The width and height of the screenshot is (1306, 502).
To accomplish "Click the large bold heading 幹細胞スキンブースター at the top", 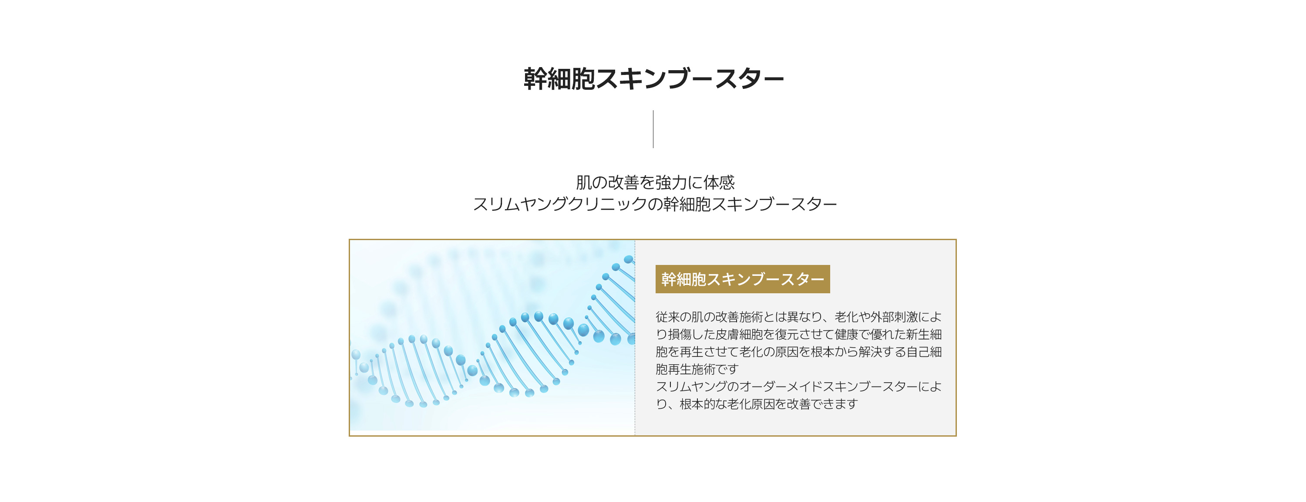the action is pyautogui.click(x=653, y=79).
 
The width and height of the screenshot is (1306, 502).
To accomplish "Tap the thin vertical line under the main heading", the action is pyautogui.click(x=653, y=129).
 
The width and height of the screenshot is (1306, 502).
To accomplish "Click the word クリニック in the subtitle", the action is pyautogui.click(x=609, y=204).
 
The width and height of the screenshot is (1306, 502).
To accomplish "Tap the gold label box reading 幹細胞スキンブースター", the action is pyautogui.click(x=742, y=279).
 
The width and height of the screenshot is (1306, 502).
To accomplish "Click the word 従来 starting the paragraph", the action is pyautogui.click(x=667, y=317).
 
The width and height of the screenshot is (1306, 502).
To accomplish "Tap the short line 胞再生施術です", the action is pyautogui.click(x=697, y=369).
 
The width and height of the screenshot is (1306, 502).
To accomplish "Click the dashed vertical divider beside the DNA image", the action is pyautogui.click(x=635, y=338).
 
